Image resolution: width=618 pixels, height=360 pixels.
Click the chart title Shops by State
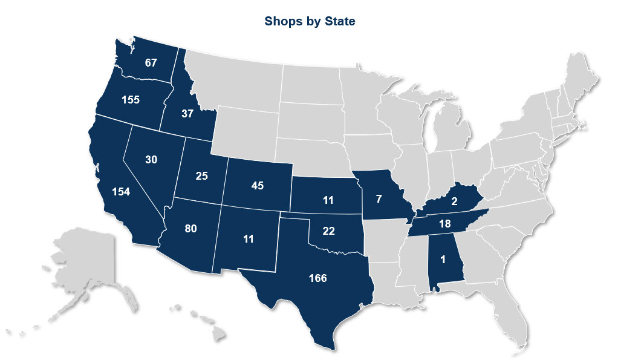click(309, 22)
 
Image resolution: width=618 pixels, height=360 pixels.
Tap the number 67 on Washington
click(151, 62)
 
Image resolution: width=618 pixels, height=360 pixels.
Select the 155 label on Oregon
click(130, 100)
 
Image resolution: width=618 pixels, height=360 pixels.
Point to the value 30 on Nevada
click(151, 160)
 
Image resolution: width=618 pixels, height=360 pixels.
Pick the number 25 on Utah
click(201, 177)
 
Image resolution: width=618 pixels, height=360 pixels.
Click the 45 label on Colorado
click(258, 185)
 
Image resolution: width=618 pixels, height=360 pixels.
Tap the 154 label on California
click(122, 191)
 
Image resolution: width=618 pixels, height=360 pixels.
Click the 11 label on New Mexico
click(247, 238)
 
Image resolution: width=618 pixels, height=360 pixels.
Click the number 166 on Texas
click(317, 278)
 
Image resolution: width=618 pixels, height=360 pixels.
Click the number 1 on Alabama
click(443, 260)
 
